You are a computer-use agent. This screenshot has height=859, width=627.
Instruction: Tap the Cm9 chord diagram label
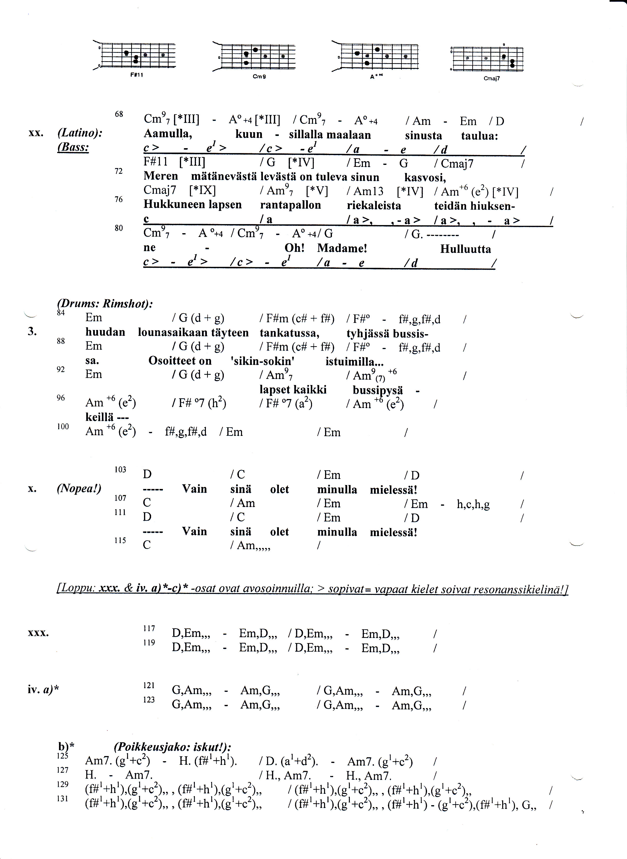pyautogui.click(x=259, y=77)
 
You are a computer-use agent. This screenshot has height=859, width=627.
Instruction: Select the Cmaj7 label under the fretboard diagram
pyautogui.click(x=492, y=79)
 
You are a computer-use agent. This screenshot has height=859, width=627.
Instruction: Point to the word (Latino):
pyautogui.click(x=80, y=133)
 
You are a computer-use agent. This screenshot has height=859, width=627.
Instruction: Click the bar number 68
pyautogui.click(x=119, y=114)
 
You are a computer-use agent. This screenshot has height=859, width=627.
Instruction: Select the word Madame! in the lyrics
pyautogui.click(x=342, y=248)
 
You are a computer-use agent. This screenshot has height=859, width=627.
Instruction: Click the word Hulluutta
pyautogui.click(x=465, y=249)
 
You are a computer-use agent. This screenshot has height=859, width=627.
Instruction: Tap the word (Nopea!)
pyautogui.click(x=79, y=488)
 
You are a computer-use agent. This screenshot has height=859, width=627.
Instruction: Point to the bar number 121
pyautogui.click(x=149, y=685)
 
